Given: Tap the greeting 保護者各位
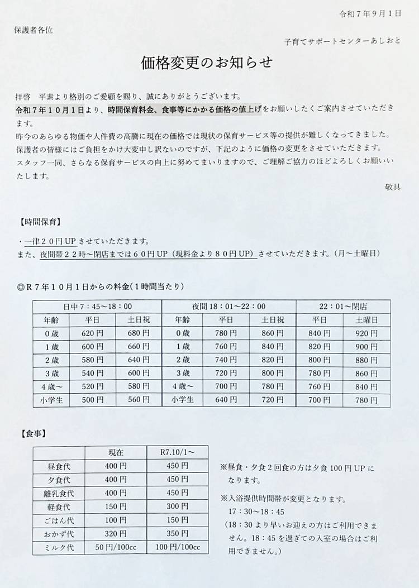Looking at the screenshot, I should tap(34, 30).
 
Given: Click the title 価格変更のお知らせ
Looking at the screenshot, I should tap(207, 63).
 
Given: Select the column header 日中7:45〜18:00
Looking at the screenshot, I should tap(97, 307).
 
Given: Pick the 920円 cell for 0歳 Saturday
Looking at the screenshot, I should tap(366, 333).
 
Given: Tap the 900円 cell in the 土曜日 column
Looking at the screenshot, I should tap(366, 346).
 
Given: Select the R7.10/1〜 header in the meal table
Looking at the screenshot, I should tap(177, 452).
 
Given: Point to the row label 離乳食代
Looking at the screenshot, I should tap(59, 493).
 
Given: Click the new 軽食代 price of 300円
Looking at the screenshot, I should tap(177, 506).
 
